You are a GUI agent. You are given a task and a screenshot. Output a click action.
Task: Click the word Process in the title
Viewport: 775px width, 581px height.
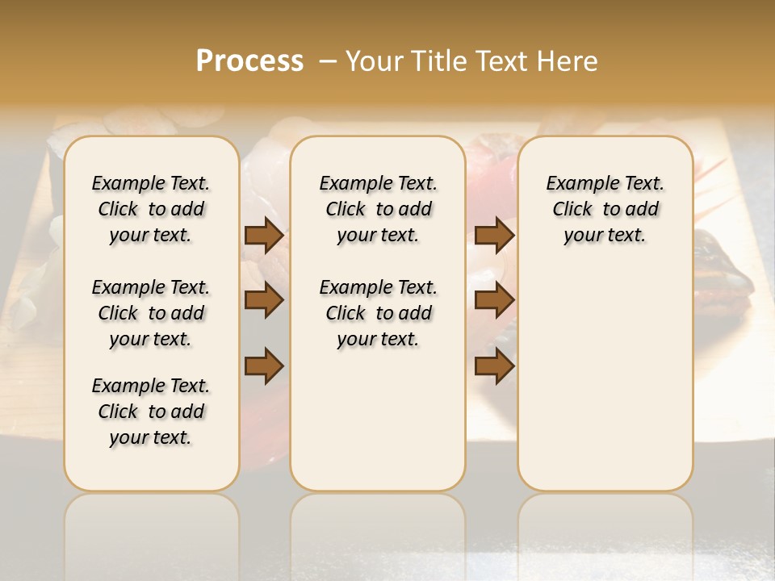tap(249, 61)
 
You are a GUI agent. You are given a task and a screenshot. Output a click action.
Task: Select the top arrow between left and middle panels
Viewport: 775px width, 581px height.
tap(264, 236)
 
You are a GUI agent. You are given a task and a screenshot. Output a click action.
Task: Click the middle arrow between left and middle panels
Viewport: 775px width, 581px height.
tap(264, 301)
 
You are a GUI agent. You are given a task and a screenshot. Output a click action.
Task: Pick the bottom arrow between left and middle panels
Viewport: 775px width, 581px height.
tap(264, 366)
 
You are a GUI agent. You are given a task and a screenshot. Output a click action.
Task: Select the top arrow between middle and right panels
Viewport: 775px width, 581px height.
tap(494, 236)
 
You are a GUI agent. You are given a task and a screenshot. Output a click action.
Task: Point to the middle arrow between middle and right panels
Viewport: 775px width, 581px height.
tap(494, 301)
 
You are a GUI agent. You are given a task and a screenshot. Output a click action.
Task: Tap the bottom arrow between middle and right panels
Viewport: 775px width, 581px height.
tap(494, 366)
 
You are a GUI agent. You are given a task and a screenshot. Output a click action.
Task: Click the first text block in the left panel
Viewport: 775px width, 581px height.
tap(151, 209)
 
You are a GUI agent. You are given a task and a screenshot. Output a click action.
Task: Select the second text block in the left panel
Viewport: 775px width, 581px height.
tap(151, 313)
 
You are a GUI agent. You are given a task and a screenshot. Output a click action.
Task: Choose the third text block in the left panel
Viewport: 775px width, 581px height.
tap(151, 412)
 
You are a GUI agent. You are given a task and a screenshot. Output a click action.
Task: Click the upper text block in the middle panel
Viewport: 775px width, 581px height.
tap(378, 209)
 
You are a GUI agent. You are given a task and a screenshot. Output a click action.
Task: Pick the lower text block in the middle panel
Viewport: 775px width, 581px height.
tap(378, 313)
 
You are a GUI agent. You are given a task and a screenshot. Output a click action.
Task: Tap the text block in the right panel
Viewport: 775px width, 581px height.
tap(605, 209)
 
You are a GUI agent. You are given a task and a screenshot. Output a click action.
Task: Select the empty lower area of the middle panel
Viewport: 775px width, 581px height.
tap(378, 420)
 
